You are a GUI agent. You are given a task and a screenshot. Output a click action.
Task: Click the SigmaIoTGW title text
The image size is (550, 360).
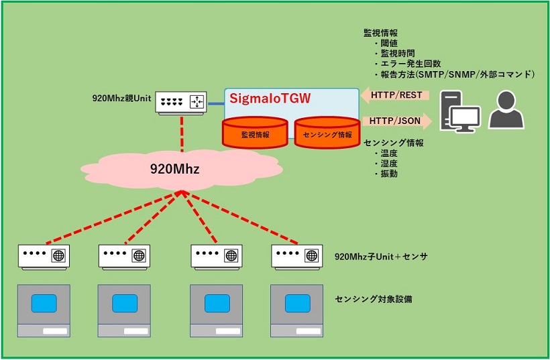click(x=270, y=99)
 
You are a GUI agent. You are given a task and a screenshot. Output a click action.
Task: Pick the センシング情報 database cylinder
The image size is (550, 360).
click(x=327, y=132)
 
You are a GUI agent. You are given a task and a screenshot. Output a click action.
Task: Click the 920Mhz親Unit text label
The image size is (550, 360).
click(x=121, y=98)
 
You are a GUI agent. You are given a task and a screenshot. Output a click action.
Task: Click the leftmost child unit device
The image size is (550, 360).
click(x=44, y=255)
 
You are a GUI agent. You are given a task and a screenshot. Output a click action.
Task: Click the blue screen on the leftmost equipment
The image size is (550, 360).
click(x=44, y=304)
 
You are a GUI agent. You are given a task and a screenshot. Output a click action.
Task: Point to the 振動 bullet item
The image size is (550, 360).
click(x=389, y=174)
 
